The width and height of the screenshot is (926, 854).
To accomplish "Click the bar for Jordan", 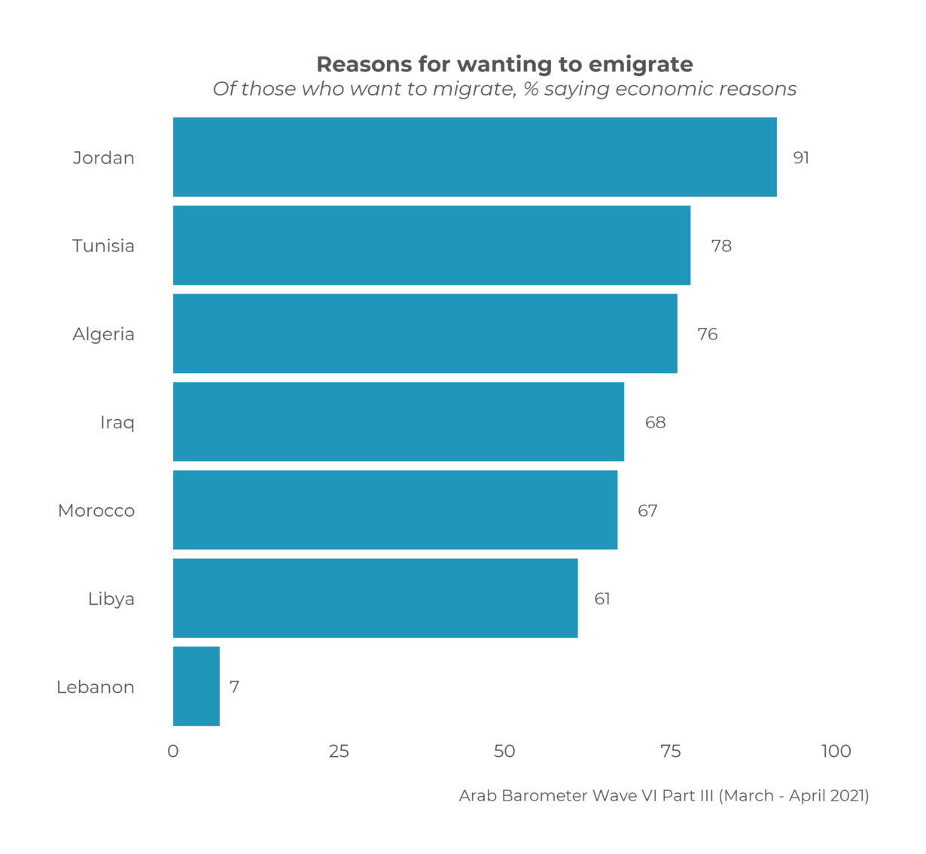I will [474, 157].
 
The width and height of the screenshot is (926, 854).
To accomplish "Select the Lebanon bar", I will [196, 686].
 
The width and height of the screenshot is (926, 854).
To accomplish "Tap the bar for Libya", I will [375, 598].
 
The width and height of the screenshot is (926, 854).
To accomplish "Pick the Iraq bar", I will [398, 422].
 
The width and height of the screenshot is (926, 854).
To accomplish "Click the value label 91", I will [801, 158].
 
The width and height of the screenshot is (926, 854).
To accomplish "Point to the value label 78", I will [721, 246].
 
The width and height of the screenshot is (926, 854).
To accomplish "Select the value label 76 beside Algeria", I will [707, 334].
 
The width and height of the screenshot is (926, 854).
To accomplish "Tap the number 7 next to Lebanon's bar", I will [234, 687].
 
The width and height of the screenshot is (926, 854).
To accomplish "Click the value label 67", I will [647, 511].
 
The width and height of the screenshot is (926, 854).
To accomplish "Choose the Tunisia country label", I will [103, 246].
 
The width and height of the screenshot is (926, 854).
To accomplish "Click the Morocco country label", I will [96, 511].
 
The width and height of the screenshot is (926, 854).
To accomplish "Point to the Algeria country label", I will [103, 334].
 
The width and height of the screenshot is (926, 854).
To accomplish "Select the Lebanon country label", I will [96, 687].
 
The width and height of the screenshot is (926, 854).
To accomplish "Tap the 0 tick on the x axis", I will [173, 751].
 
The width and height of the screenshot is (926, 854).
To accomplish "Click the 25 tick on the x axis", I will [339, 751].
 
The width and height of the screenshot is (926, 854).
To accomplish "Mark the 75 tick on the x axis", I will [670, 751].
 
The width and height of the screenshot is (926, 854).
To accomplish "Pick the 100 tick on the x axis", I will [836, 751].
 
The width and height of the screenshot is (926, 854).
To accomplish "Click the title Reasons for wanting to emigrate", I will [504, 65].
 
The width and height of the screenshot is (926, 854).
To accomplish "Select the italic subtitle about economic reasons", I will [504, 90].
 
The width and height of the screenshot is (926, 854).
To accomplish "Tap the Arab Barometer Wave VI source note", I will [663, 795].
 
